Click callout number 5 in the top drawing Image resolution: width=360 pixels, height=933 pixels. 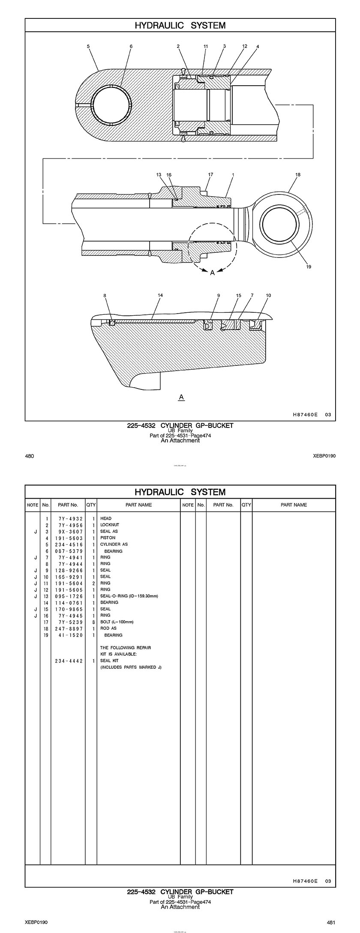(88, 46)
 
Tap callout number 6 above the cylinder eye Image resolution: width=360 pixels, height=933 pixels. (131, 46)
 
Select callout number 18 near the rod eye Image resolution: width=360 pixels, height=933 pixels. (298, 174)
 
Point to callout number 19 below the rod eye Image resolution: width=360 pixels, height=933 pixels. (309, 267)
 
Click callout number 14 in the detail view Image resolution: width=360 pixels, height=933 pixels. (160, 295)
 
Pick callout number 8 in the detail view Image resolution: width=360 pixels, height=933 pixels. (105, 295)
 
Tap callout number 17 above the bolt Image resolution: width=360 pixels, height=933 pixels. (210, 174)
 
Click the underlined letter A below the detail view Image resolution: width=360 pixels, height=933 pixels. (181, 397)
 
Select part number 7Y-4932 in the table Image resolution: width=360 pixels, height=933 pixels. (70, 518)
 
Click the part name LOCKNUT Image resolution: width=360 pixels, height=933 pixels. (110, 525)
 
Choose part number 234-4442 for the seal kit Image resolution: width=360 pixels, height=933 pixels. (69, 661)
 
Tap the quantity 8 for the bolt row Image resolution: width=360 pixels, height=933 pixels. (93, 622)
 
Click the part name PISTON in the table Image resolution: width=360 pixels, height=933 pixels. (108, 538)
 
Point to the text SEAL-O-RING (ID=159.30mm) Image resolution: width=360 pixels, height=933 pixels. (129, 596)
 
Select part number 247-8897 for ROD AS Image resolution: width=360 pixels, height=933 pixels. (69, 628)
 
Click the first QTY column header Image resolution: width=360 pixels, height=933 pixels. (91, 505)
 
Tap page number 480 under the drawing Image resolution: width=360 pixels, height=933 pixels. (30, 456)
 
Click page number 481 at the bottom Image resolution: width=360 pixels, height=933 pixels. (330, 923)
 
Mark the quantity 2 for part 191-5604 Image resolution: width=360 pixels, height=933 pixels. (93, 583)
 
